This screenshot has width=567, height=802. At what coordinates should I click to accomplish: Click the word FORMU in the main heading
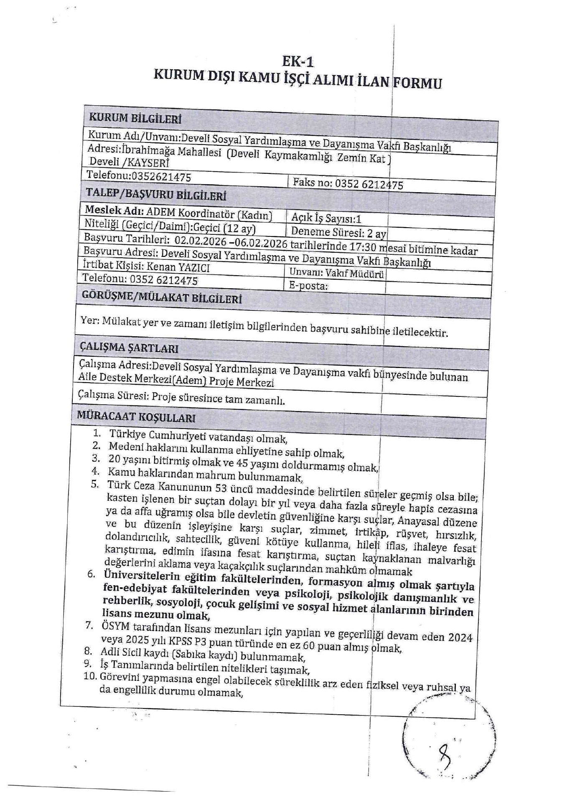[417, 83]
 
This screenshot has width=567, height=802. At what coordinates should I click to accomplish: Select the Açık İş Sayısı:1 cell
[326, 218]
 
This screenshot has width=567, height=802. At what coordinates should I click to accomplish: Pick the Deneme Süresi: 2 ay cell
[338, 232]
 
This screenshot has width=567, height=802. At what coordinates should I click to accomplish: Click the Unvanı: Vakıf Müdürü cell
[336, 274]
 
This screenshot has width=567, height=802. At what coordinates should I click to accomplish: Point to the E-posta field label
[308, 286]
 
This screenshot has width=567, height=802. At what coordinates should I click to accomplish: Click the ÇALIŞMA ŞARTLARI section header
[129, 348]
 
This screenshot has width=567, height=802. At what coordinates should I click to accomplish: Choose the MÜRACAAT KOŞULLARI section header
[136, 416]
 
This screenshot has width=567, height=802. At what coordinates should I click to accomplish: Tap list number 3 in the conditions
[96, 459]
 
